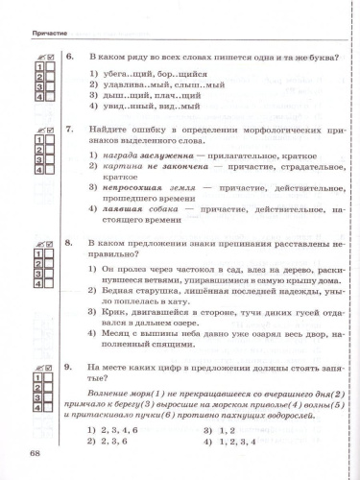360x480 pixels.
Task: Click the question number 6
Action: pyautogui.click(x=69, y=58)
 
